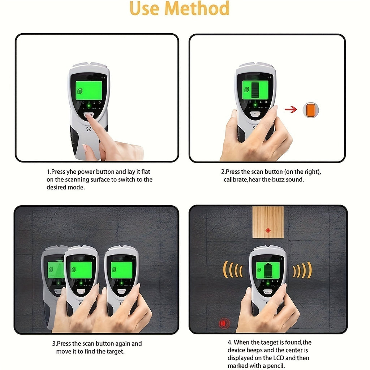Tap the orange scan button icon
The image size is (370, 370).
click(310, 110)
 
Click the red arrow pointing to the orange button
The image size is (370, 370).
click(291, 109)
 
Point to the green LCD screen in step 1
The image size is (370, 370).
click(89, 90)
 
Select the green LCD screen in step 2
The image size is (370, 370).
click(255, 90)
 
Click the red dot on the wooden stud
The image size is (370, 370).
click(268, 230)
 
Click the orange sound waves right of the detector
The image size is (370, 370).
click(302, 270)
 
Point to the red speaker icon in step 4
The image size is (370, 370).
click(224, 323)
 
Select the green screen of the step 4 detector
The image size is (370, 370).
click(268, 270)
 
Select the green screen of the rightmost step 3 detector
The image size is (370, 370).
click(121, 270)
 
